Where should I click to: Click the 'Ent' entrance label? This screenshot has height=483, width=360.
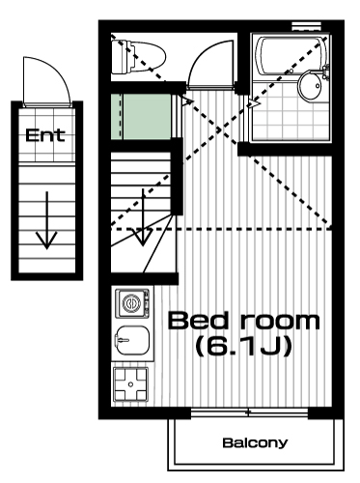[x=45, y=135]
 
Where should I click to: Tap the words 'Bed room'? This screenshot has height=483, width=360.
[x=244, y=321]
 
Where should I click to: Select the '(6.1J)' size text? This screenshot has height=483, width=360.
[x=244, y=346]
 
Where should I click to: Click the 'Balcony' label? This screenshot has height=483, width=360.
[x=255, y=443]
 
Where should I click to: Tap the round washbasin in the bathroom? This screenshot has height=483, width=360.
[x=311, y=86]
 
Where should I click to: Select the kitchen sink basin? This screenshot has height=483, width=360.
[x=132, y=340]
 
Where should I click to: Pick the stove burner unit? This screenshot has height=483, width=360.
[x=131, y=384]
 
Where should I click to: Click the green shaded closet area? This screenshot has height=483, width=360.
[x=141, y=117]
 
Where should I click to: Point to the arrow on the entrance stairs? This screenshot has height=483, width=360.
[x=47, y=220]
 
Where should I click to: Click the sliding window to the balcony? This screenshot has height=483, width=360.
[x=249, y=412]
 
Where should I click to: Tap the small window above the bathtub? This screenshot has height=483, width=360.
[x=306, y=26]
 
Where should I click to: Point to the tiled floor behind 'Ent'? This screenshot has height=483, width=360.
[x=46, y=135]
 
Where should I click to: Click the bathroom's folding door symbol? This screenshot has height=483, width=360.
[x=255, y=103]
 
